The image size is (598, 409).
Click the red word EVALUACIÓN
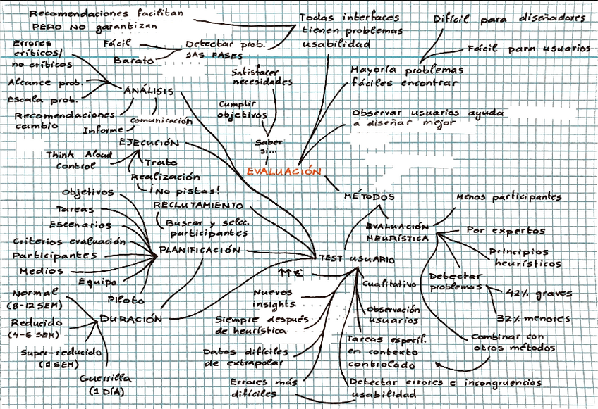click(283, 171)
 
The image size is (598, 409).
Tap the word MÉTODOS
click(368, 196)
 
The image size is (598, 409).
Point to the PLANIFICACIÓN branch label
click(200, 250)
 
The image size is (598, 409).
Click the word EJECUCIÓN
click(148, 141)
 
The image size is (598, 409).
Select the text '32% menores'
click(533, 318)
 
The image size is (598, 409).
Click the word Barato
click(133, 61)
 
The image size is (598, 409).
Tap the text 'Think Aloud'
click(75, 154)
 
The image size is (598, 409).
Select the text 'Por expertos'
click(506, 230)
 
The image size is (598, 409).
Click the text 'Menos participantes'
click(508, 198)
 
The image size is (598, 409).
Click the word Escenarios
click(85, 225)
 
